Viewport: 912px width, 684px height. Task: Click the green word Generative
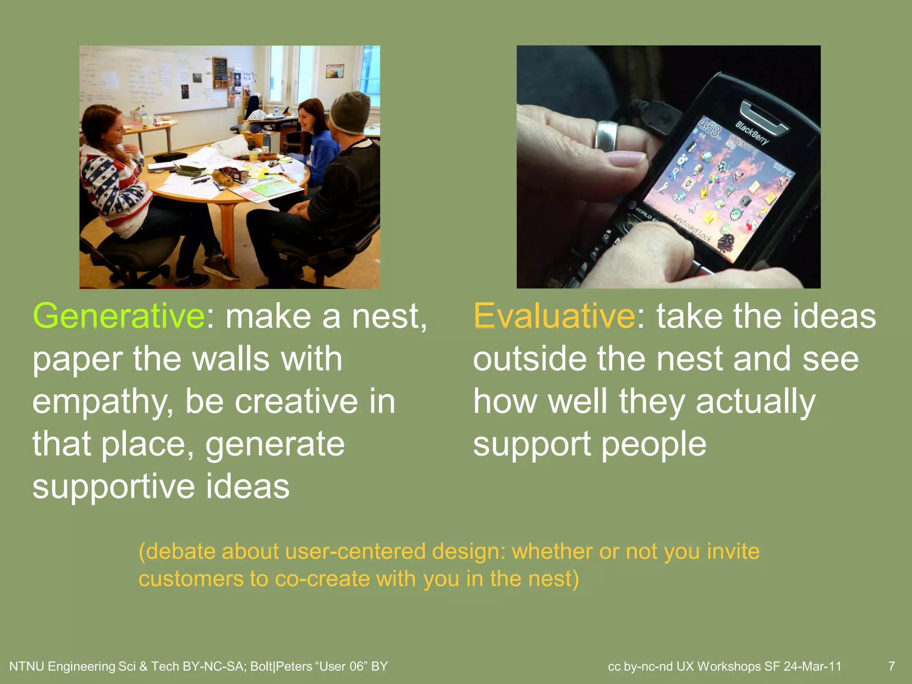(x=118, y=316)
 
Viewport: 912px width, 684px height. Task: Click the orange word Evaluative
(x=554, y=316)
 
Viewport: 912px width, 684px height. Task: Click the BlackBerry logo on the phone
(x=752, y=133)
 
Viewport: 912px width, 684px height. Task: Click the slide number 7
(x=892, y=666)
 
